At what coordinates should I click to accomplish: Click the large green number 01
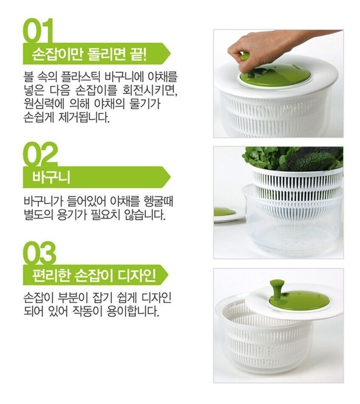pos(38,31)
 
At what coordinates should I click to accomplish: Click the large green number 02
pos(40,154)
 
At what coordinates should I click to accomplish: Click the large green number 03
pos(39,253)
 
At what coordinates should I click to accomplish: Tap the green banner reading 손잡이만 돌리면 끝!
pos(97,53)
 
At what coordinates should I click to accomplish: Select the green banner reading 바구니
pos(97,177)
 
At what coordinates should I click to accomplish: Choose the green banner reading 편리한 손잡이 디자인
pos(96,275)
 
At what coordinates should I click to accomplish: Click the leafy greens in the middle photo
pos(293,159)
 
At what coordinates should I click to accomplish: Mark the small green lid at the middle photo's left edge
pos(225,212)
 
